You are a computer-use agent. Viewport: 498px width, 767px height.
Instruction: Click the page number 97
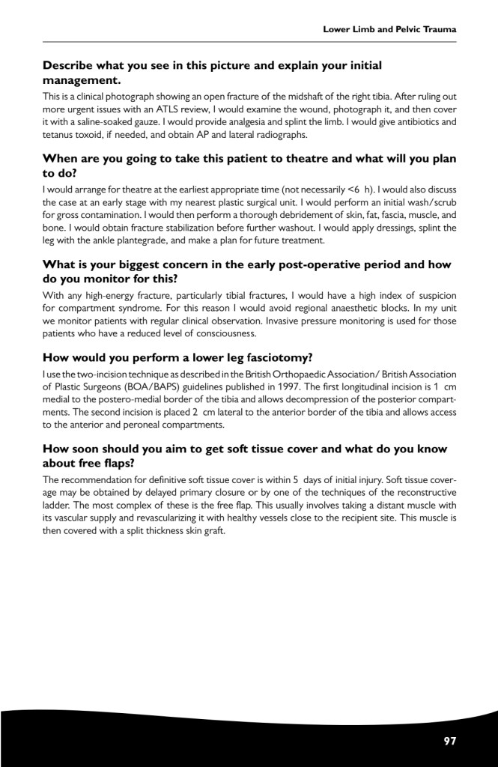(x=450, y=741)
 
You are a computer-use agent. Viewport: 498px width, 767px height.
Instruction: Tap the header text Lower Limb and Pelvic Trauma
(x=389, y=29)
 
